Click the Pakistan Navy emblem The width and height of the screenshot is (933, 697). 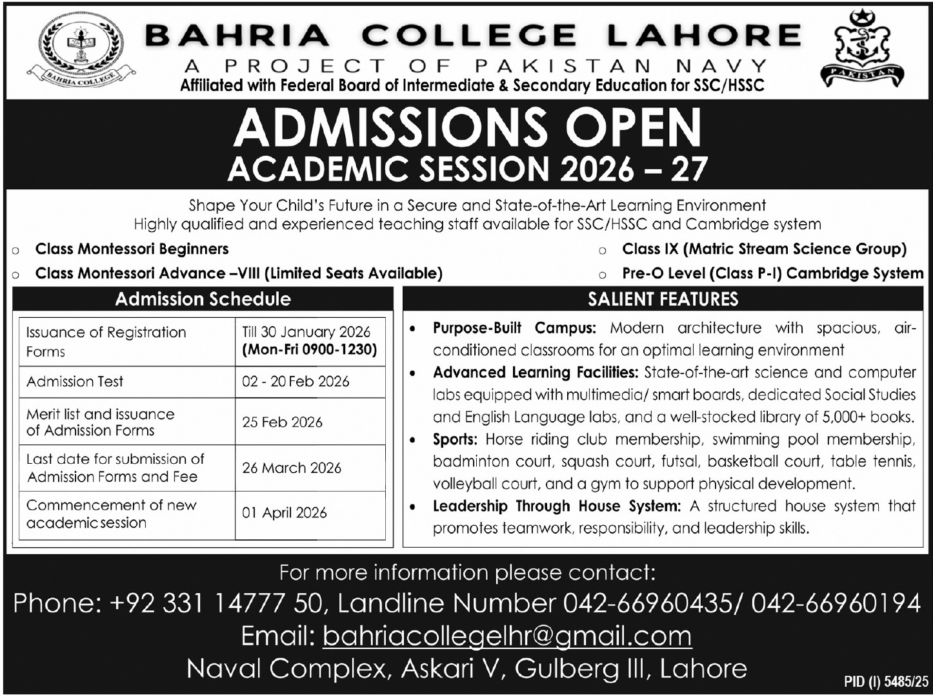coord(861,50)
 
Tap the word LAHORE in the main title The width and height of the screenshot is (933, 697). coord(704,36)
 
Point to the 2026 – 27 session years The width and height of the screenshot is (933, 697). coord(634,169)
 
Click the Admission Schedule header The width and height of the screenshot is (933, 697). coord(203,299)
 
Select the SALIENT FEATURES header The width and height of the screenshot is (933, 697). coord(663,299)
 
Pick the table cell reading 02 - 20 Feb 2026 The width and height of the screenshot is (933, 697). coord(296,381)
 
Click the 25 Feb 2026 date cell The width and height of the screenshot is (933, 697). coord(282,422)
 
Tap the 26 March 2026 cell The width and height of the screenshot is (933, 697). coord(292,468)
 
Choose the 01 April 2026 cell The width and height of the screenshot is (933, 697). coord(285,513)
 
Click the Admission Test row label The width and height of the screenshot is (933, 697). coord(75,381)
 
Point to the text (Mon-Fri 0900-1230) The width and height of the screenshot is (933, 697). coord(309,350)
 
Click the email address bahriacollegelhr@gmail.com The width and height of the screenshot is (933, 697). coord(507,636)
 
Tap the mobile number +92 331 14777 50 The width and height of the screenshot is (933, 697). coord(216,603)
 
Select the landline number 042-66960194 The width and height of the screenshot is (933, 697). coord(836,603)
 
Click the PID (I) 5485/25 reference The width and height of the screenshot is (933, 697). coord(886,681)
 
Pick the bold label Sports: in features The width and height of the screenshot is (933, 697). coord(455,439)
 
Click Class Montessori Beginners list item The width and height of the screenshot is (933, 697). coord(132,249)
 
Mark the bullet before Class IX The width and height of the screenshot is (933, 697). coord(602,251)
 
